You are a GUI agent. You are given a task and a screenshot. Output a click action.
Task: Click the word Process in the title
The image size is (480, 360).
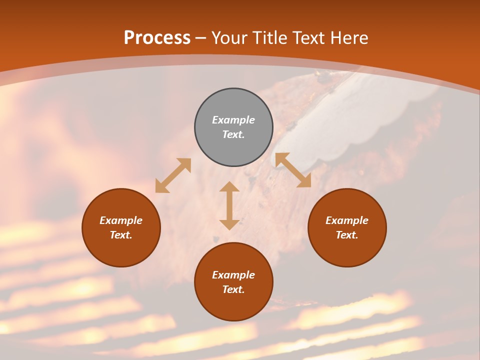point(157,38)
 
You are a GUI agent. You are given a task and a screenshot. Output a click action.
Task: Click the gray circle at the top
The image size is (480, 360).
point(233,102)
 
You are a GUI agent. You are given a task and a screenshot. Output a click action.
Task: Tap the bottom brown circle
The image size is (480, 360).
point(233,305)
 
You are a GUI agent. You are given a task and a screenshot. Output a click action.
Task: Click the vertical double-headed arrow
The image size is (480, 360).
point(229,205)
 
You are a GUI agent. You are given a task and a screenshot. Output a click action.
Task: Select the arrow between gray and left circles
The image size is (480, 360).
point(173,175)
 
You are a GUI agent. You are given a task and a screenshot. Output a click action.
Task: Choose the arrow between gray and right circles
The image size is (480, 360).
point(293,170)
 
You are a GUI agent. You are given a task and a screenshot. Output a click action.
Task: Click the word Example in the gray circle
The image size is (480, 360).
point(233,120)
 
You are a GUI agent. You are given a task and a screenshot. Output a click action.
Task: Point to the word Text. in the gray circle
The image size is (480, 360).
point(233,134)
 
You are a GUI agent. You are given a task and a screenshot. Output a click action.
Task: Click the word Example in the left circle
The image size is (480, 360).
point(121,220)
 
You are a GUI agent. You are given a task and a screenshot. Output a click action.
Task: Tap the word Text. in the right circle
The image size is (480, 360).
point(347,235)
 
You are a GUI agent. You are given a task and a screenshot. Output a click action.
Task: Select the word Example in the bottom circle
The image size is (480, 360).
point(233,275)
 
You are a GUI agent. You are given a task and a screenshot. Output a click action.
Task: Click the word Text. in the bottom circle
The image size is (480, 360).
point(233,289)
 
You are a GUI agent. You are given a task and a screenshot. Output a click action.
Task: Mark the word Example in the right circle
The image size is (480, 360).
point(347,220)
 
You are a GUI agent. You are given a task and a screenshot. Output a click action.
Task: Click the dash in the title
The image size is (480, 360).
point(201,38)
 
